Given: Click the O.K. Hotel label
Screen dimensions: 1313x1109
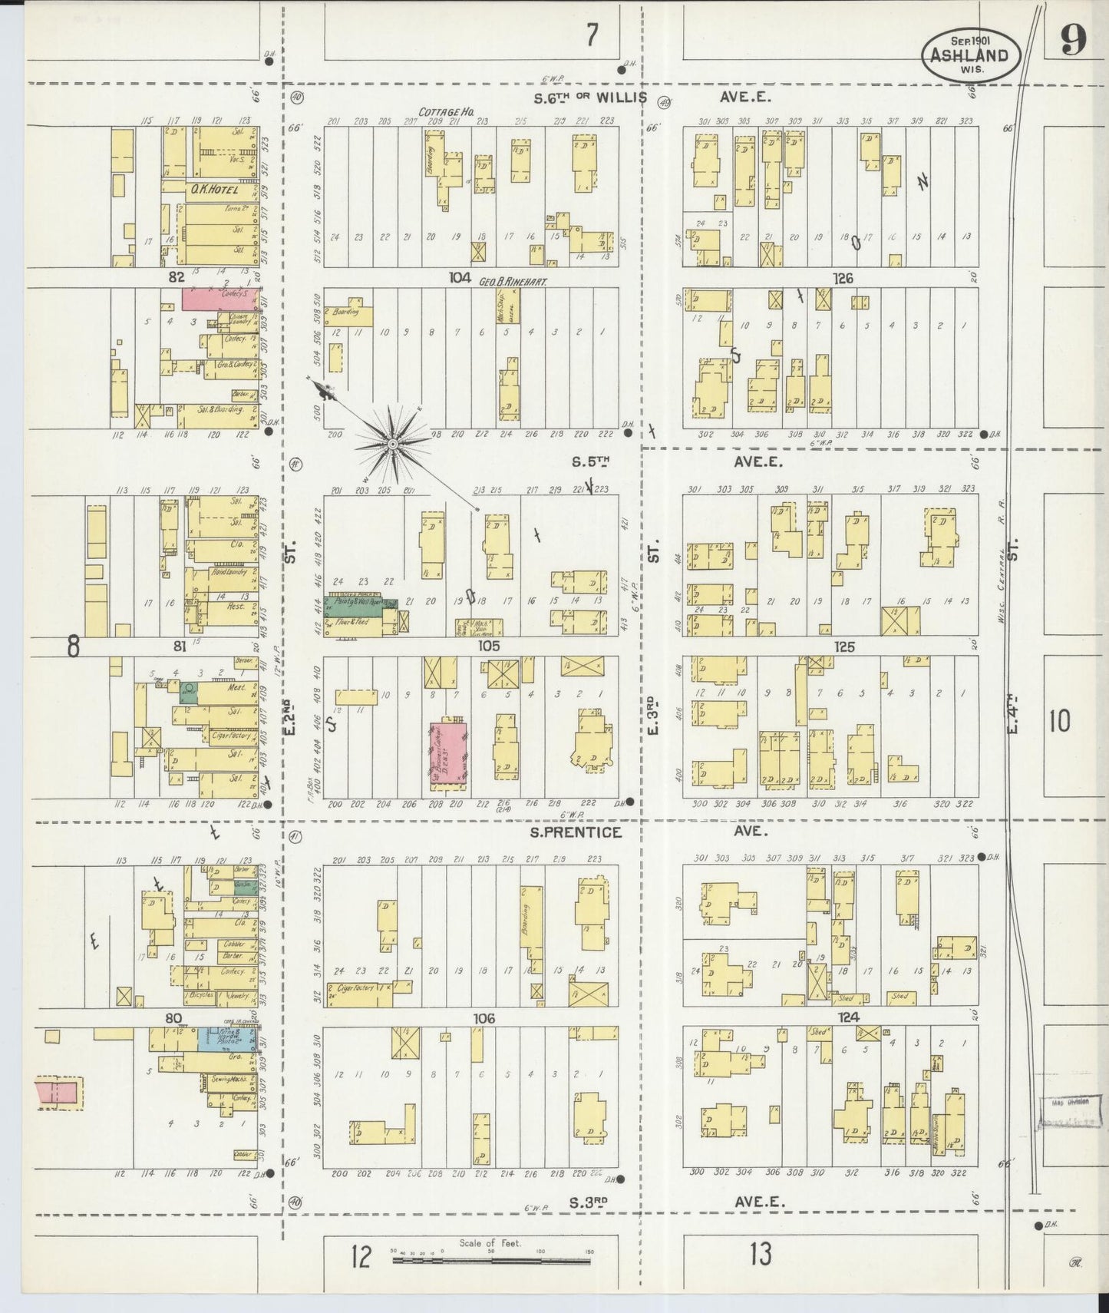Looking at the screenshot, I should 211,190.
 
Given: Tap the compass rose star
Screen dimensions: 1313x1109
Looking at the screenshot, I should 393,442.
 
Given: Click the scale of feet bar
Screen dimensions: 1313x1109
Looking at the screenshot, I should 491,1260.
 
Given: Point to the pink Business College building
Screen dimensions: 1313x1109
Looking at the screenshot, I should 448,753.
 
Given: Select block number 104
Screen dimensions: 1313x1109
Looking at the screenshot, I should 459,278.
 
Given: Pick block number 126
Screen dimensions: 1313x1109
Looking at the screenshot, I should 843,278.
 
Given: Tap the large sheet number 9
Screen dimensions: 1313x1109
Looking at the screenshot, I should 1073,42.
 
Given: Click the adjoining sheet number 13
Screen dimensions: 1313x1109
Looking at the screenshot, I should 761,1255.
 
